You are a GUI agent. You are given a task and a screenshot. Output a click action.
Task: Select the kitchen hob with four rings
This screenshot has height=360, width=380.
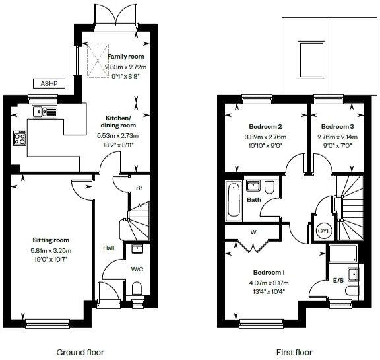click(x=20, y=138)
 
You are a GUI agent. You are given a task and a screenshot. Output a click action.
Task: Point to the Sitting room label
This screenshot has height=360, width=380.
click(x=51, y=240)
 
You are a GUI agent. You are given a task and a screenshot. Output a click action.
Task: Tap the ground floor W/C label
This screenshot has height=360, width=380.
click(x=137, y=269)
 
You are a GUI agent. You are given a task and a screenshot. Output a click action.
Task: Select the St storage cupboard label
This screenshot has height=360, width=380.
click(x=139, y=188)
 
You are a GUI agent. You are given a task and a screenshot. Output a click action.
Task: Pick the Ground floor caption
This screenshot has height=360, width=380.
click(x=80, y=352)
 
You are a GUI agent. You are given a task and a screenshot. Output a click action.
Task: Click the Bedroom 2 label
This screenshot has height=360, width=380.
click(x=265, y=126)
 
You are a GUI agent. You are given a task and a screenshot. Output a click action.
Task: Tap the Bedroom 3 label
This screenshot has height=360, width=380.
click(x=336, y=126)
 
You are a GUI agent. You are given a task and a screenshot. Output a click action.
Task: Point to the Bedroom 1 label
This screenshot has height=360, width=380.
click(x=269, y=272)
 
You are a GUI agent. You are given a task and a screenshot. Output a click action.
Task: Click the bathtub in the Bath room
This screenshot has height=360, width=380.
click(x=233, y=201)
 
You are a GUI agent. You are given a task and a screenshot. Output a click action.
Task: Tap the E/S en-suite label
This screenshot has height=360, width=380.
click(x=338, y=281)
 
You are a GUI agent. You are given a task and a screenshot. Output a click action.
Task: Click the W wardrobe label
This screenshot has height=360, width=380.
click(x=253, y=232)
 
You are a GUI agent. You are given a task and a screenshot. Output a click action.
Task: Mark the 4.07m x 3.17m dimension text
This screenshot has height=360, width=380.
click(x=269, y=283)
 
